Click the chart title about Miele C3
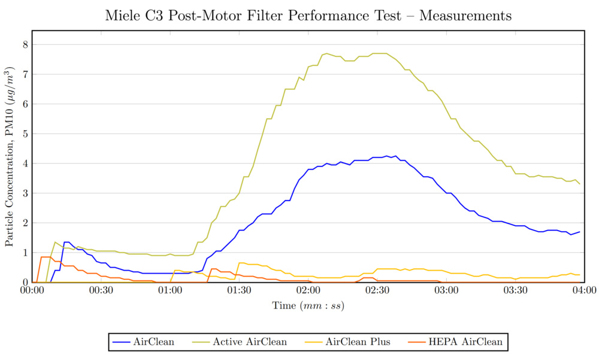[x=308, y=16]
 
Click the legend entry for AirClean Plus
[x=358, y=342]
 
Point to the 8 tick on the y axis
[x=26, y=44]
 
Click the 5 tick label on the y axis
[x=26, y=134]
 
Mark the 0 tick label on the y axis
[x=26, y=282]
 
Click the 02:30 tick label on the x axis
[x=377, y=291]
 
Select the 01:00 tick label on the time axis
[x=170, y=291]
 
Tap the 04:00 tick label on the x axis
[x=585, y=291]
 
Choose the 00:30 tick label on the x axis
[x=101, y=291]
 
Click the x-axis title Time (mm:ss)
[x=308, y=305]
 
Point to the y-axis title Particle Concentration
[x=10, y=163]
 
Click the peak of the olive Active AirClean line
[x=326, y=53]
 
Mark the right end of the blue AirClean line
[x=580, y=232]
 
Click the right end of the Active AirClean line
[x=580, y=184]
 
